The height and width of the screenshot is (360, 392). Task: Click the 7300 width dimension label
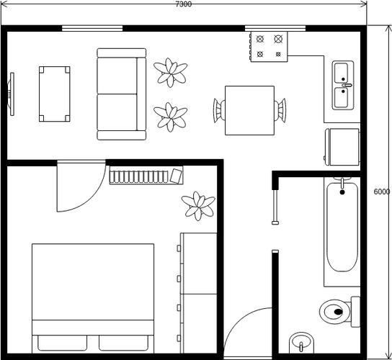pos(184,4)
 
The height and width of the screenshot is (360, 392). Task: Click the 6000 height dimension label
pos(382,192)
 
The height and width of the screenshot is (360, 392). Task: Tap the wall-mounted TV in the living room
pos(12,94)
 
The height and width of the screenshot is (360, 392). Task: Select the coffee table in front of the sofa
pos(55,94)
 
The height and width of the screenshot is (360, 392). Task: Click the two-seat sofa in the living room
pos(122,94)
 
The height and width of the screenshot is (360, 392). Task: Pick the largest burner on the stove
pos(278,39)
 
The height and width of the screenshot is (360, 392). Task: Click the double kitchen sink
pos(343,85)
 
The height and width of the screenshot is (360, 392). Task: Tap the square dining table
pos(249,110)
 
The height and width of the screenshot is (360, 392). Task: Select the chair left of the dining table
pos(219,110)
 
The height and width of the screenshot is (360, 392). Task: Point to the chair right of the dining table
pos(280,110)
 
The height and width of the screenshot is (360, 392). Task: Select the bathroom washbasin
pos(301,343)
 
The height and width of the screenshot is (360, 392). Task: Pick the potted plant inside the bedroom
pos(198,206)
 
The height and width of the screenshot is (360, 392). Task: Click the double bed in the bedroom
pos(93,298)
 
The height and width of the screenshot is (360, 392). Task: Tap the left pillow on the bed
pos(63,343)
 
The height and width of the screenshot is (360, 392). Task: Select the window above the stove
pos(275,28)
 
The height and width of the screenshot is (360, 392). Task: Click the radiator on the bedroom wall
pos(146,175)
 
